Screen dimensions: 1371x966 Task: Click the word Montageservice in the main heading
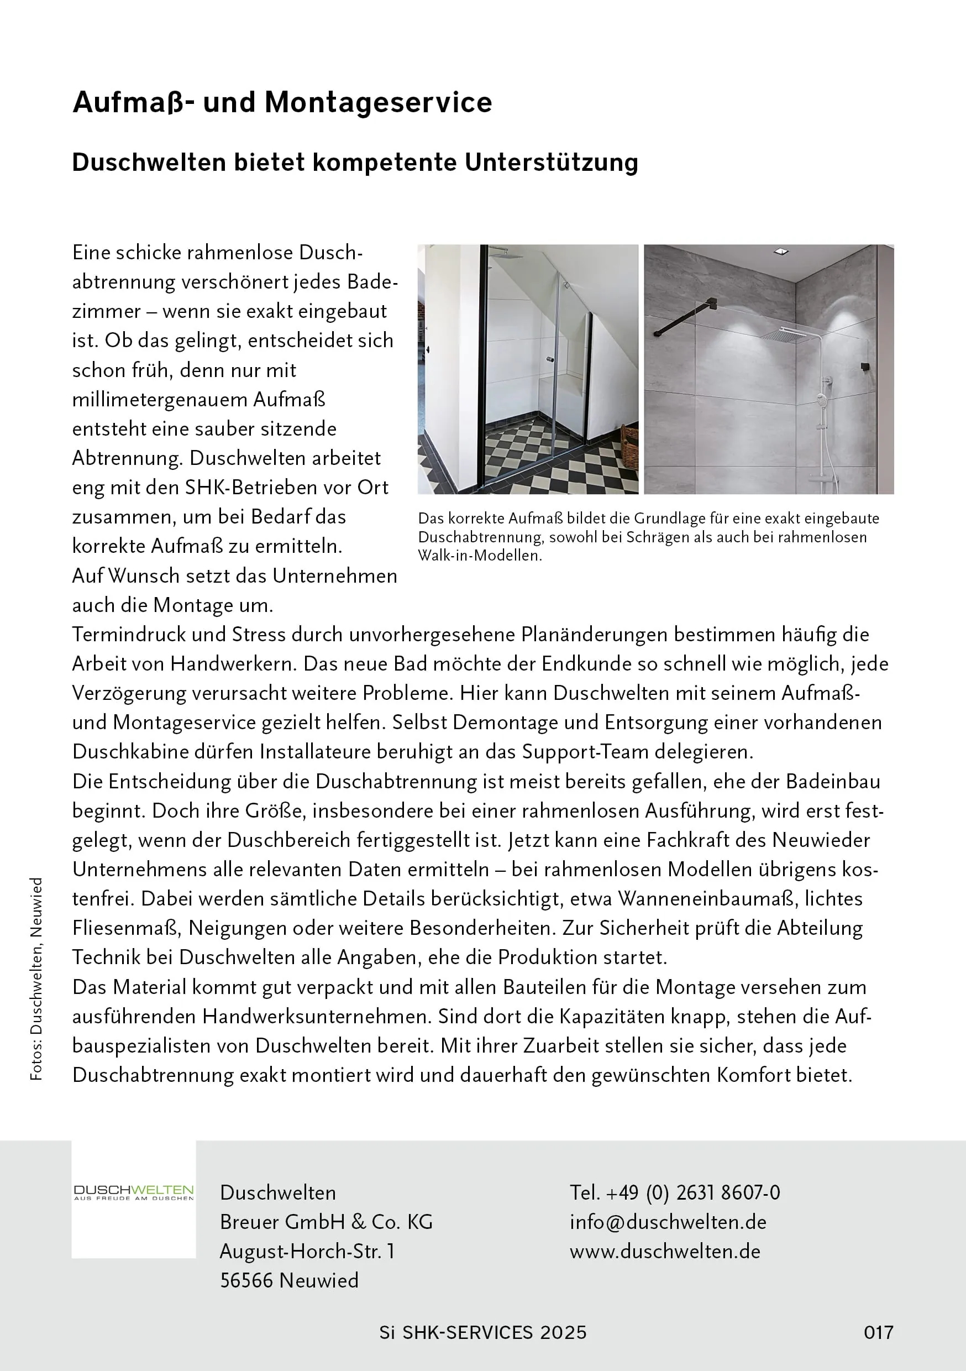click(378, 103)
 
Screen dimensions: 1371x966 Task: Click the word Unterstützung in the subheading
click(551, 163)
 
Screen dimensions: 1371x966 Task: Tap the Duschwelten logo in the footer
click(134, 1192)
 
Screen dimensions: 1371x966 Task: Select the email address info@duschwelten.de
click(668, 1222)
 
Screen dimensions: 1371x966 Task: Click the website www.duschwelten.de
click(664, 1251)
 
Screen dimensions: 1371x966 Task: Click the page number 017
click(878, 1332)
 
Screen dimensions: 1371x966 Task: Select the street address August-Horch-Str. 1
click(307, 1251)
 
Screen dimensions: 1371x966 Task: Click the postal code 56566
click(246, 1280)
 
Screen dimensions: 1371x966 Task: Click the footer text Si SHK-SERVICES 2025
click(483, 1332)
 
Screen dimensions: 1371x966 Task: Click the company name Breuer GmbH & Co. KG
click(326, 1222)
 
